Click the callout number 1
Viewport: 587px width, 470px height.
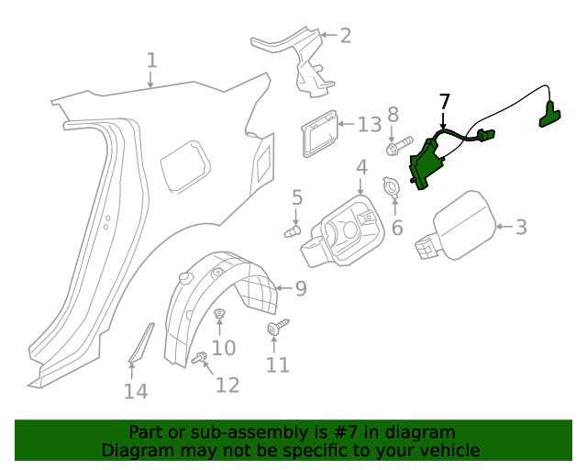[x=151, y=62]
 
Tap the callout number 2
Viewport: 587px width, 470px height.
[x=345, y=36]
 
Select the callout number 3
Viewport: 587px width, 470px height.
[x=520, y=227]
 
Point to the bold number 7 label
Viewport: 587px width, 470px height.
[x=445, y=101]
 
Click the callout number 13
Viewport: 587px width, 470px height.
[x=369, y=124]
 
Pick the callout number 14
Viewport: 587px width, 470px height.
[x=136, y=392]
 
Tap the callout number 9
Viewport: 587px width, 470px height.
[x=300, y=289]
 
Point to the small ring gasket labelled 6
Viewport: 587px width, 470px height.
[x=391, y=187]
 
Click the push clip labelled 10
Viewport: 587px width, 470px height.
[x=220, y=317]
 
